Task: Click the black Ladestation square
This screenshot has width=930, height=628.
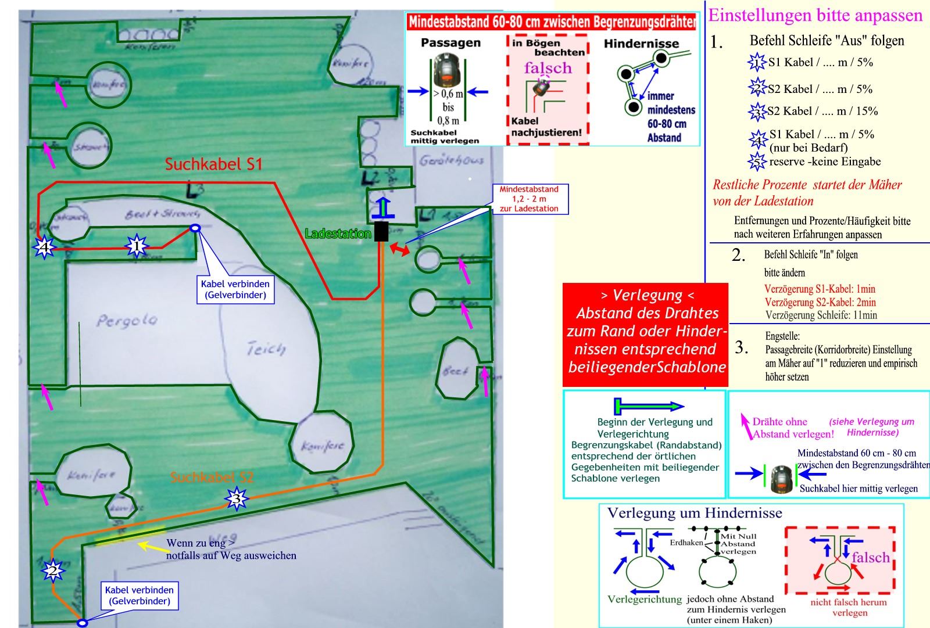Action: pos(381,231)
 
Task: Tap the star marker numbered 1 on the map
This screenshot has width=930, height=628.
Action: pos(137,246)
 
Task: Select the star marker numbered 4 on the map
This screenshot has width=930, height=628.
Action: pos(44,248)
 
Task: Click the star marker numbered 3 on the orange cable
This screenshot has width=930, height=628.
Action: pos(235,498)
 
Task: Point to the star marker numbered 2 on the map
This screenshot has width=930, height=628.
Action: pos(53,572)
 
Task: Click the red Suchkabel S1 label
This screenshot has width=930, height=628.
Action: pos(213,164)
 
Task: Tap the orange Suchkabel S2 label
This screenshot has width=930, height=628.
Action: pos(212,478)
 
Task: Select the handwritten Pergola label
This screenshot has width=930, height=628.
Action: pos(127,320)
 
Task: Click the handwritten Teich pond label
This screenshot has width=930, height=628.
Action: pos(266,349)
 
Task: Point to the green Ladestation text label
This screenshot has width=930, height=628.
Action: pos(338,234)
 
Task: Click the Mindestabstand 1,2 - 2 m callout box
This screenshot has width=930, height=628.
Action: pos(528,199)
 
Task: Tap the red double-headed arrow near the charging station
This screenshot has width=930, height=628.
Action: pos(399,249)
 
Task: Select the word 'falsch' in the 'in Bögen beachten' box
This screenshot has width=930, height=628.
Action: pos(548,68)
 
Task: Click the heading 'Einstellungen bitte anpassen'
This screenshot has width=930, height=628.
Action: pos(815,15)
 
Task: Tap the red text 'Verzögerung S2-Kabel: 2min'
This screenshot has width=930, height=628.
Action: pos(820,302)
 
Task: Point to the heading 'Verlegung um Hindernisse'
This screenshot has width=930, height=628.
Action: pos(695,513)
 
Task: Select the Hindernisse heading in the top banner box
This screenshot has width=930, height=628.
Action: pos(641,44)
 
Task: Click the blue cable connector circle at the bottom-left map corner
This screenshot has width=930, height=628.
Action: pos(83,623)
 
